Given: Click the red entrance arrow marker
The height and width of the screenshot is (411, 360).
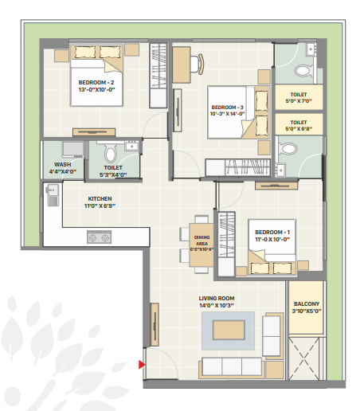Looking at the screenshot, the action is point(142,365).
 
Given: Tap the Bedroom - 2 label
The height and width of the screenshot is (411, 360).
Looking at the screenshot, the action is point(96,83).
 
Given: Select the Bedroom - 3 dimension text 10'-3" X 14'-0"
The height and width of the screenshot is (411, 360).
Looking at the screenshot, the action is point(227,114).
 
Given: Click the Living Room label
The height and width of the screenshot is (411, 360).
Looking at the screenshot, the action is point(217,298).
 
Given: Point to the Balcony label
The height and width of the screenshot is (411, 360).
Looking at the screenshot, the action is point(307,303).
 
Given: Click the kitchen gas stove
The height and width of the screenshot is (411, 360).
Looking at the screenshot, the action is point(100,237).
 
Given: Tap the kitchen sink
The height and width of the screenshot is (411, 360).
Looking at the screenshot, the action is point(53,195).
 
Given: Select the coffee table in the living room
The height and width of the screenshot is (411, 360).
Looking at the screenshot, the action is point(229,330).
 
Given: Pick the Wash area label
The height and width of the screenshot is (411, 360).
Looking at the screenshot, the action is point(63,165).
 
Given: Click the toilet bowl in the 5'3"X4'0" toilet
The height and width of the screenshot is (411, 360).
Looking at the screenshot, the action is point(111,153).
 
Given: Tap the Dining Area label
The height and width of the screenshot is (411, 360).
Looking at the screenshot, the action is point(202,241).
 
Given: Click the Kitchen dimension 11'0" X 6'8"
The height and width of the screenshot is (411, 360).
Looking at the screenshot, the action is point(100,205).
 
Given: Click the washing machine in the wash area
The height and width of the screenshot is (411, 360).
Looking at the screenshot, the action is point(73,149).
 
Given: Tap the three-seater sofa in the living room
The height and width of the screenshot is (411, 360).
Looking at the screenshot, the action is point(232,367).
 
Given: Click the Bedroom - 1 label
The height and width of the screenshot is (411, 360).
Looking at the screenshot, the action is point(272,232).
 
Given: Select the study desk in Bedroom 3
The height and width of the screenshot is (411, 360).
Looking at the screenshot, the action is point(182,65).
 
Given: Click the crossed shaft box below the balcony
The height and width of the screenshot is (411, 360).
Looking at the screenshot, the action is point(304,358).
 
